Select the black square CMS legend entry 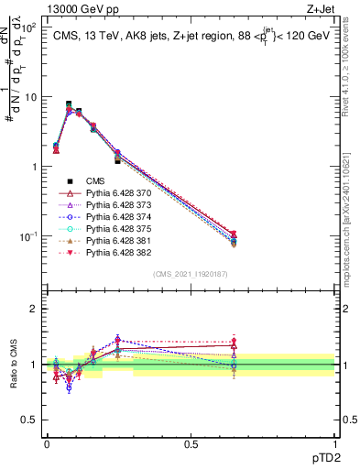pyautogui.click(x=96, y=182)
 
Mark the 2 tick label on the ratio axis pyautogui.click(x=33, y=309)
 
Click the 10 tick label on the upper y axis pyautogui.click(x=28, y=97)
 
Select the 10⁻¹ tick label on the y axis pyautogui.click(x=27, y=237)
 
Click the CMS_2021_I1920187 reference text pyautogui.click(x=191, y=274)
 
